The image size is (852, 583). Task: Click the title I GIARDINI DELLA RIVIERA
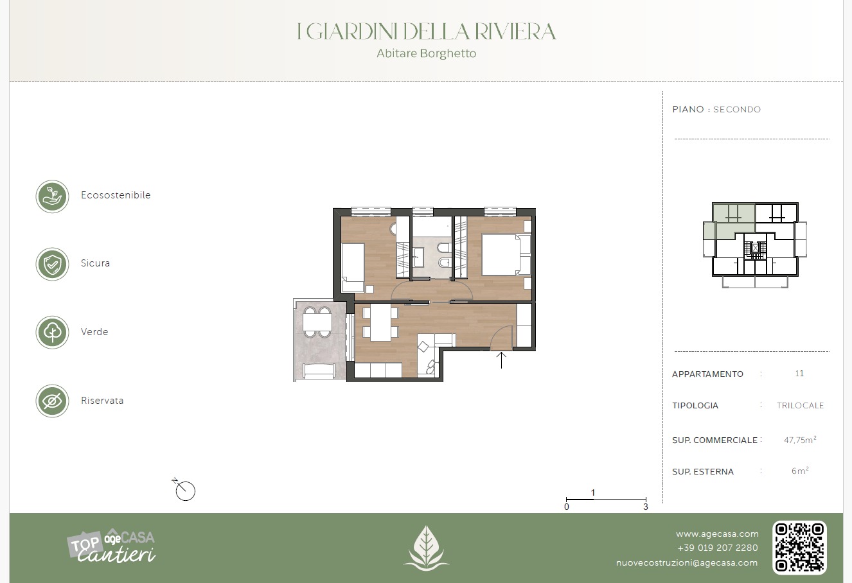click(426, 31)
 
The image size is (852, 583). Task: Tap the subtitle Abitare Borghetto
click(427, 53)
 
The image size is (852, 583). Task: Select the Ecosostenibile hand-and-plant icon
click(52, 196)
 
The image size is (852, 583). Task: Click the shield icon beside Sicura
click(52, 264)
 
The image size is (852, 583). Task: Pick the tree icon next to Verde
click(52, 332)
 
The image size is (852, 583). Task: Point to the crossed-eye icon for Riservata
click(52, 401)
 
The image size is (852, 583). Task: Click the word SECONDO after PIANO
click(737, 109)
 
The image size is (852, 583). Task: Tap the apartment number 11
click(799, 373)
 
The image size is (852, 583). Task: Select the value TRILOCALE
click(800, 406)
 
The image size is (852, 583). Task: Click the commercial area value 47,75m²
click(800, 440)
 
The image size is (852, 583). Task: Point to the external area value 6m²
click(800, 471)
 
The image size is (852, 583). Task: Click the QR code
click(799, 547)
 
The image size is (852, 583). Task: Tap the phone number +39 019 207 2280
click(717, 548)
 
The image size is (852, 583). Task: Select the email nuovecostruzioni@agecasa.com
click(686, 562)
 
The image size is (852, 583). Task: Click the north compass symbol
click(184, 489)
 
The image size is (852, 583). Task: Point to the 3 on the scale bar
click(646, 507)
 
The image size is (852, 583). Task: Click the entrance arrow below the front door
click(501, 360)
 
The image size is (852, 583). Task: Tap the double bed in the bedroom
click(506, 255)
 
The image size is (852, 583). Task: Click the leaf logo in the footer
click(426, 548)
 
